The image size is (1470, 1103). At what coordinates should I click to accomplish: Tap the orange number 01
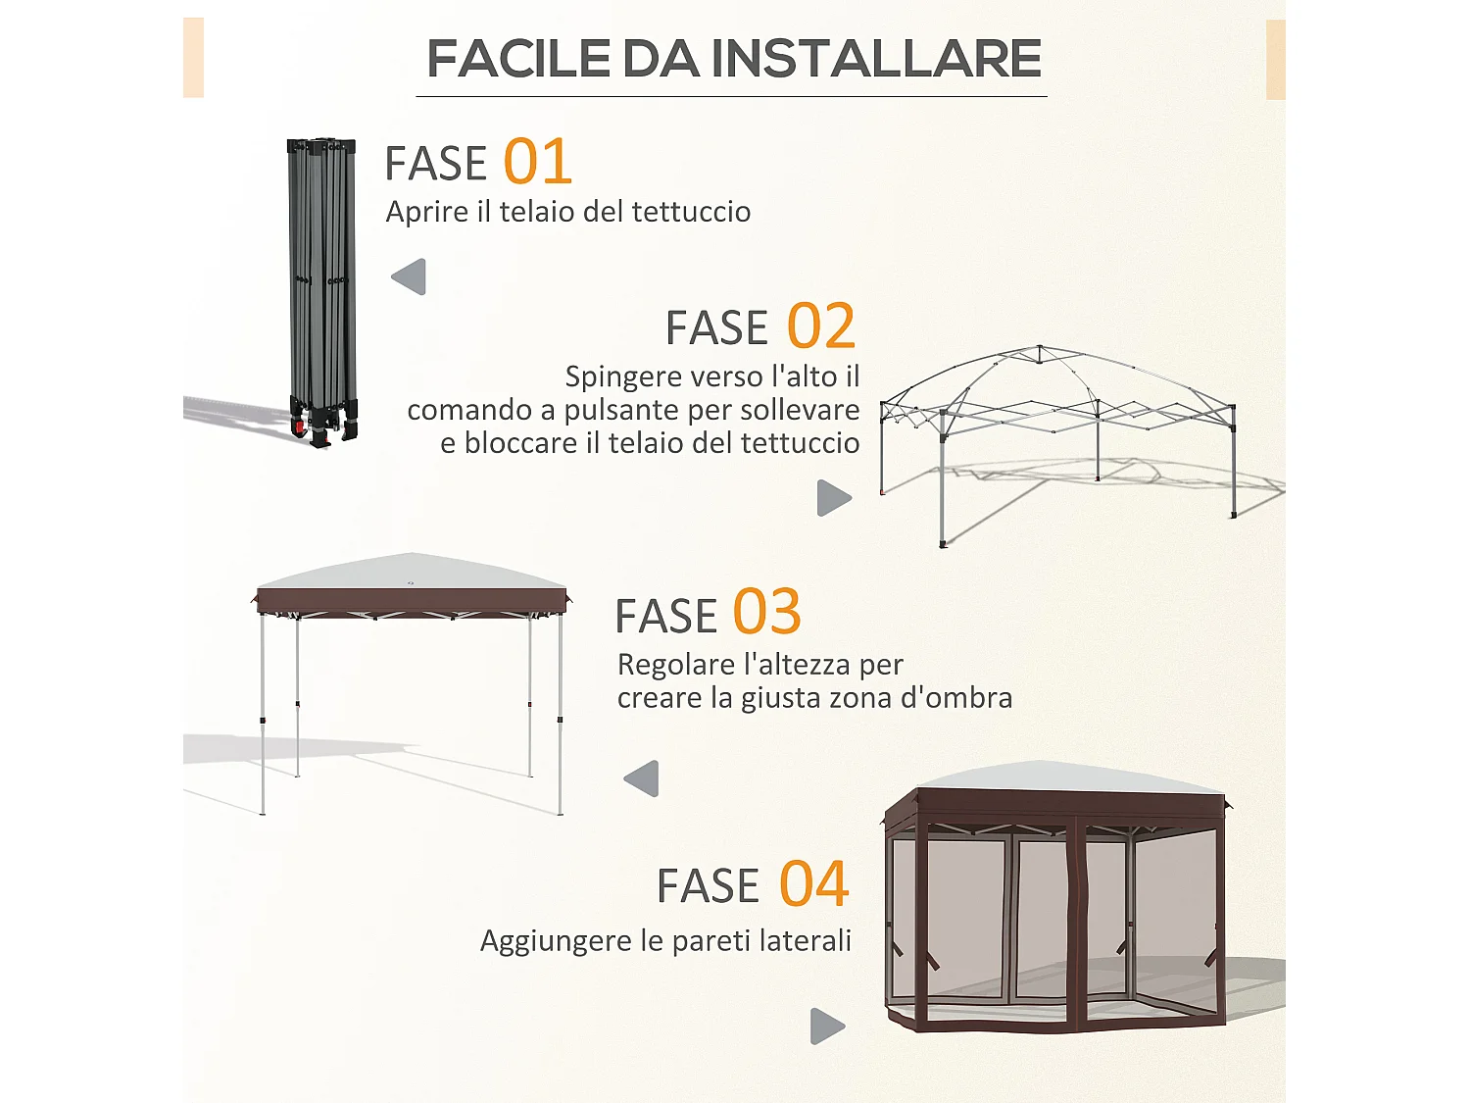pyautogui.click(x=537, y=162)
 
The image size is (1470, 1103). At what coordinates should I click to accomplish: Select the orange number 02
pyautogui.click(x=821, y=326)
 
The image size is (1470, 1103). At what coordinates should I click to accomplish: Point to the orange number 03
pyautogui.click(x=766, y=613)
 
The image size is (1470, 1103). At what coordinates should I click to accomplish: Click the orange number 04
pyautogui.click(x=813, y=884)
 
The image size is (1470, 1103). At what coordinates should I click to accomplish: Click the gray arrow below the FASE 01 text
pyautogui.click(x=410, y=276)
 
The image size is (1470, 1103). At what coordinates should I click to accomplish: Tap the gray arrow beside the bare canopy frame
pyautogui.click(x=833, y=498)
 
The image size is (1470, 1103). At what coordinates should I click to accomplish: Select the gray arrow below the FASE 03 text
pyautogui.click(x=642, y=778)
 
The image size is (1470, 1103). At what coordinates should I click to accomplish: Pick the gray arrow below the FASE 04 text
pyautogui.click(x=827, y=1027)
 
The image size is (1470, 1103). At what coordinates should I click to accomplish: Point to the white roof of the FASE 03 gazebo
pyautogui.click(x=412, y=572)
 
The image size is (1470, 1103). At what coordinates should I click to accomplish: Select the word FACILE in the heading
pyautogui.click(x=518, y=59)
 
